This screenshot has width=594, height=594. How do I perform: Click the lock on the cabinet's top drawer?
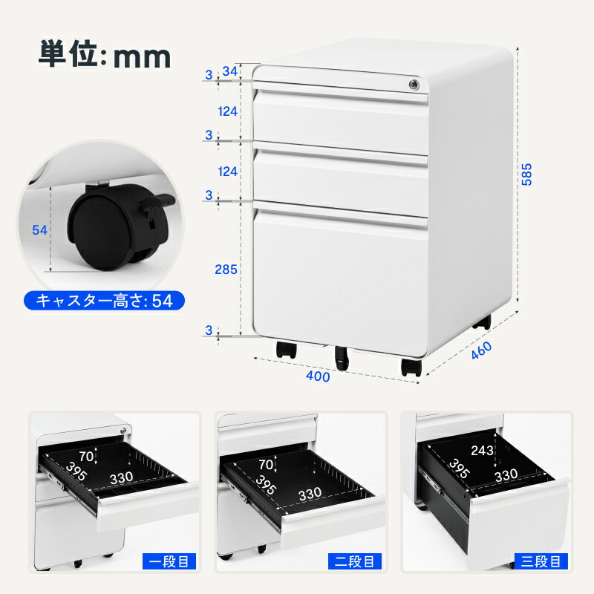click(414, 85)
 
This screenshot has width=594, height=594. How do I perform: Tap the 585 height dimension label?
click(526, 174)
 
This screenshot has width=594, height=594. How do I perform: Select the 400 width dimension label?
click(318, 376)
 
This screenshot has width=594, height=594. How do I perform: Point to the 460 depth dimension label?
click(481, 350)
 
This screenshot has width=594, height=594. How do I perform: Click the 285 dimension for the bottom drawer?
click(226, 270)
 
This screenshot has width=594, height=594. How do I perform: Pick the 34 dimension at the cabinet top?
click(230, 71)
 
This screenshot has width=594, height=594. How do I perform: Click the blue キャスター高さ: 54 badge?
click(104, 301)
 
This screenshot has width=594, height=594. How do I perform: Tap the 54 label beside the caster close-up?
click(40, 230)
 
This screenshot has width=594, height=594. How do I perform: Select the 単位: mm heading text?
click(105, 55)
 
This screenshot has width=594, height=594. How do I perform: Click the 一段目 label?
click(169, 561)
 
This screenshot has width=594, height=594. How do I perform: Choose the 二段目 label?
click(355, 561)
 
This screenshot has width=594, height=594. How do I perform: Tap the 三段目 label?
click(541, 561)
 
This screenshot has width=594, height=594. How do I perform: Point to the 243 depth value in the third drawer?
click(482, 451)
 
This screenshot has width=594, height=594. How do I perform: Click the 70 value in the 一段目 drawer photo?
click(86, 457)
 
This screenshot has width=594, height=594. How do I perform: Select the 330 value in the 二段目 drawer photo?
click(310, 494)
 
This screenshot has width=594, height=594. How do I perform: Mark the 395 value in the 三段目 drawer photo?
click(460, 469)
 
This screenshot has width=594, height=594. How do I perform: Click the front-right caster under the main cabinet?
click(411, 367)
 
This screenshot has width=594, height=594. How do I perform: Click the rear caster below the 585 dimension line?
click(481, 322)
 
